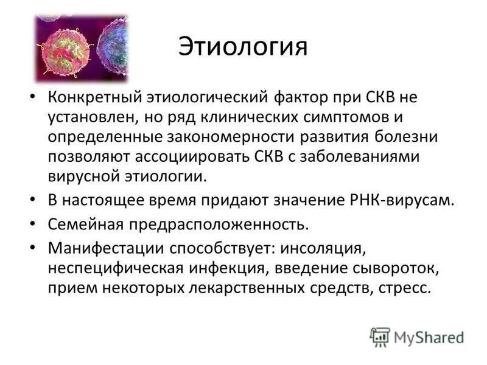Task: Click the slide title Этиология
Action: pos(243,47)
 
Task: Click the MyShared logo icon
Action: pos(380,336)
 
